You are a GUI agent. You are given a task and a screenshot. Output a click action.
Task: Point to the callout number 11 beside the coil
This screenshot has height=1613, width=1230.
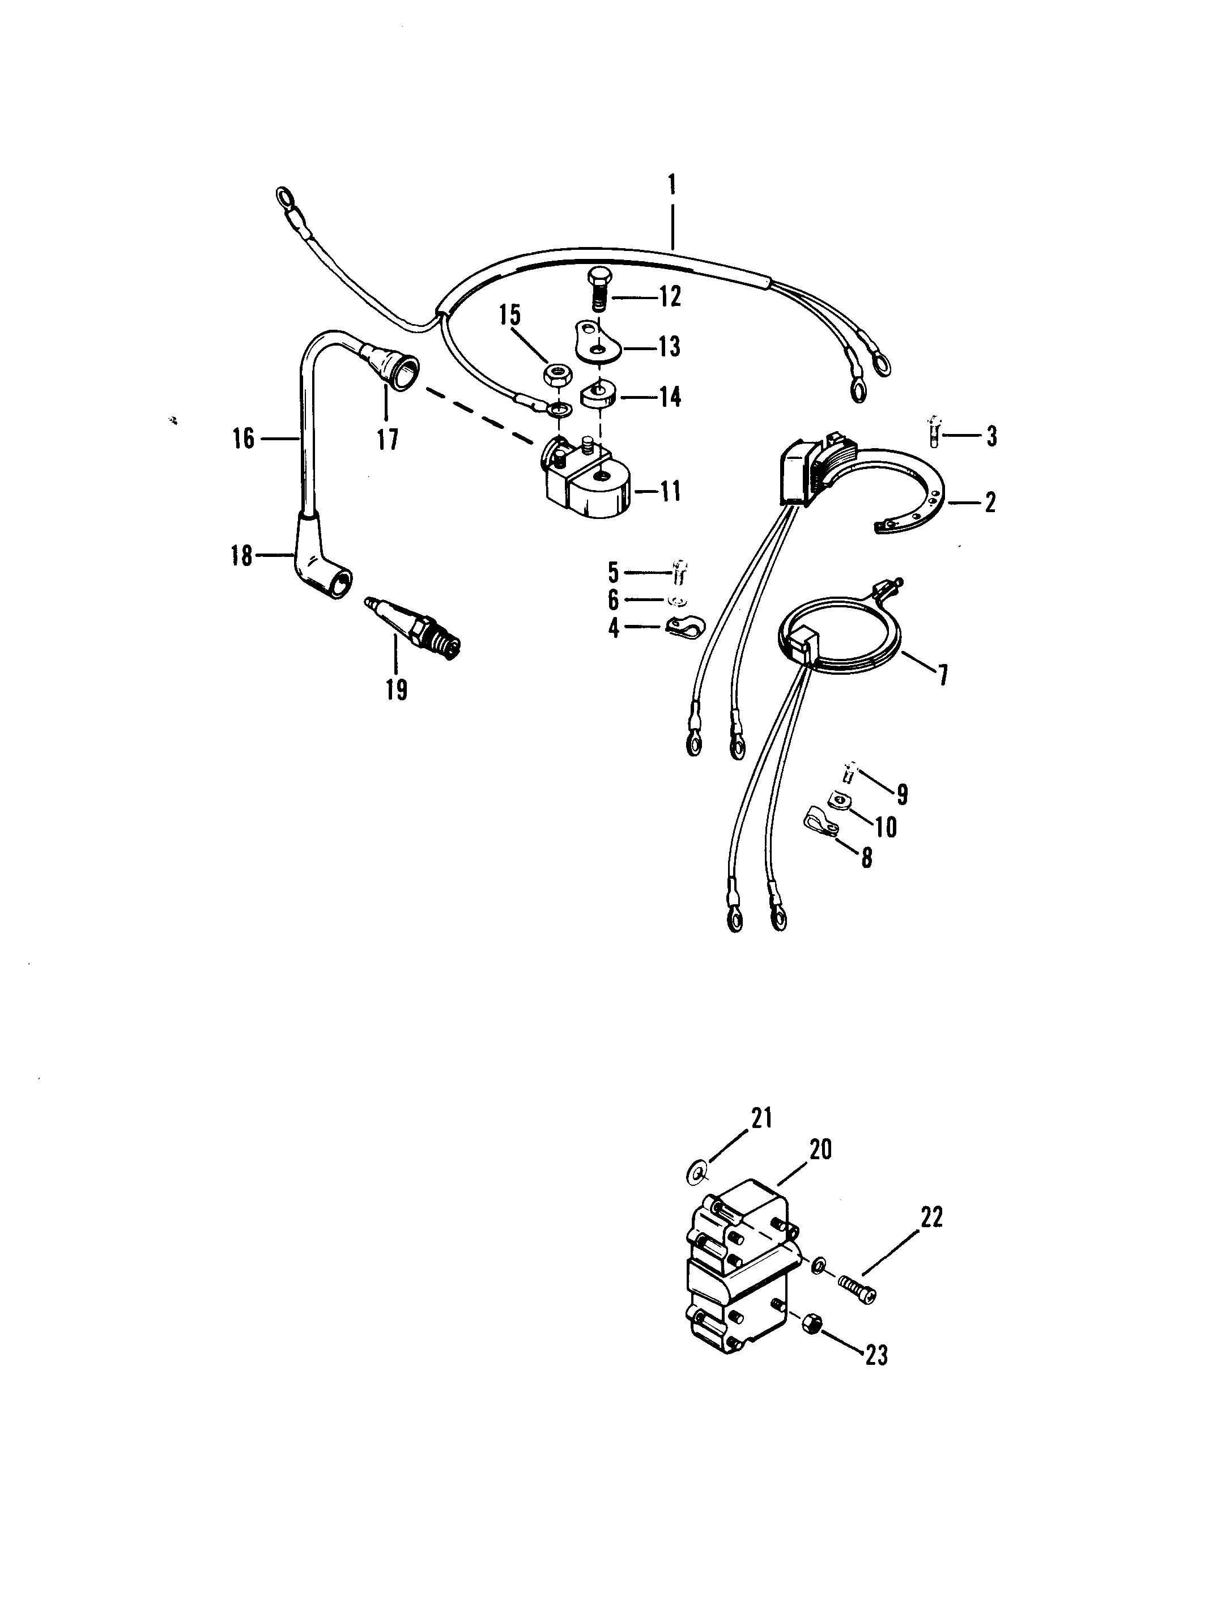pyautogui.click(x=669, y=491)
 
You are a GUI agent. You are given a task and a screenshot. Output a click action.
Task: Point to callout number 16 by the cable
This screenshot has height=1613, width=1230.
pyautogui.click(x=244, y=439)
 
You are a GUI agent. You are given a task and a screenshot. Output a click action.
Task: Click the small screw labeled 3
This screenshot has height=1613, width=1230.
pyautogui.click(x=934, y=433)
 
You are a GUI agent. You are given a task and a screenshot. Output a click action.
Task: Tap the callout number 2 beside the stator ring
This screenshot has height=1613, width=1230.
pyautogui.click(x=990, y=503)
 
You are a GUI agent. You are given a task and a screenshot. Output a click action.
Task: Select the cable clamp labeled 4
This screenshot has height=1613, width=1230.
pyautogui.click(x=683, y=628)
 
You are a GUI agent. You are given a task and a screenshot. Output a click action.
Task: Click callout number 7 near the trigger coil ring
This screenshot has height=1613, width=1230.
pyautogui.click(x=942, y=674)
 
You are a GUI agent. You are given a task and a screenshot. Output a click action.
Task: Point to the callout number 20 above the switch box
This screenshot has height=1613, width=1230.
pyautogui.click(x=821, y=1150)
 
